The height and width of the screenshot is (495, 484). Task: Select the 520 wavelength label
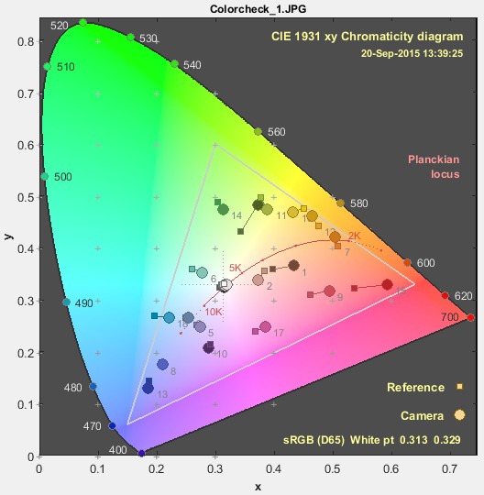[60, 27]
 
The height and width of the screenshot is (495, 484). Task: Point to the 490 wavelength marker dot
[66, 302]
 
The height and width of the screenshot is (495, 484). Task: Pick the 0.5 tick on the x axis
[332, 467]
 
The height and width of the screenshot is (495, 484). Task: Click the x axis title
[258, 484]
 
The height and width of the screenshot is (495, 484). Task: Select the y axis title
[8, 236]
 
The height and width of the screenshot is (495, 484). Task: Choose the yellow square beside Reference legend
[459, 388]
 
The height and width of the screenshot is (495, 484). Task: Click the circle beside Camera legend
[459, 415]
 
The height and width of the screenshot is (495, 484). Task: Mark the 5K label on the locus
[235, 268]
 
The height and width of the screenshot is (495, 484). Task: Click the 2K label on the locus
[355, 236]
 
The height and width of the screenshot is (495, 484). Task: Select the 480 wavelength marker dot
[93, 386]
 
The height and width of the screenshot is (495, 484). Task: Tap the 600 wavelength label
[425, 263]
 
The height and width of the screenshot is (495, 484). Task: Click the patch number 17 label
[279, 333]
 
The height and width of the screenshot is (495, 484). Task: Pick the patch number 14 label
[236, 215]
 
